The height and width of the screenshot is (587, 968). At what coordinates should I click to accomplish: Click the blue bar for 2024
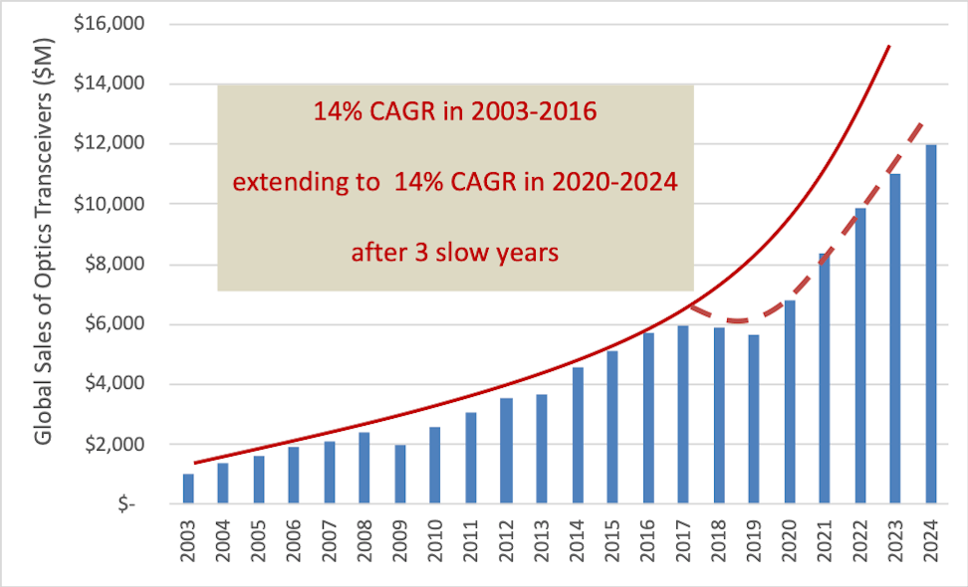click(x=931, y=324)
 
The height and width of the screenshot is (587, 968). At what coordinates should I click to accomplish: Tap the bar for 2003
click(x=188, y=489)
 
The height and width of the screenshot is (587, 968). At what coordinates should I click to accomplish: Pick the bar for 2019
click(x=754, y=419)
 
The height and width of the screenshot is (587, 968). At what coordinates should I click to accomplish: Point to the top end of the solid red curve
click(x=888, y=46)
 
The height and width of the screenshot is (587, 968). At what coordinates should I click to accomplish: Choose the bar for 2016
click(x=648, y=418)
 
